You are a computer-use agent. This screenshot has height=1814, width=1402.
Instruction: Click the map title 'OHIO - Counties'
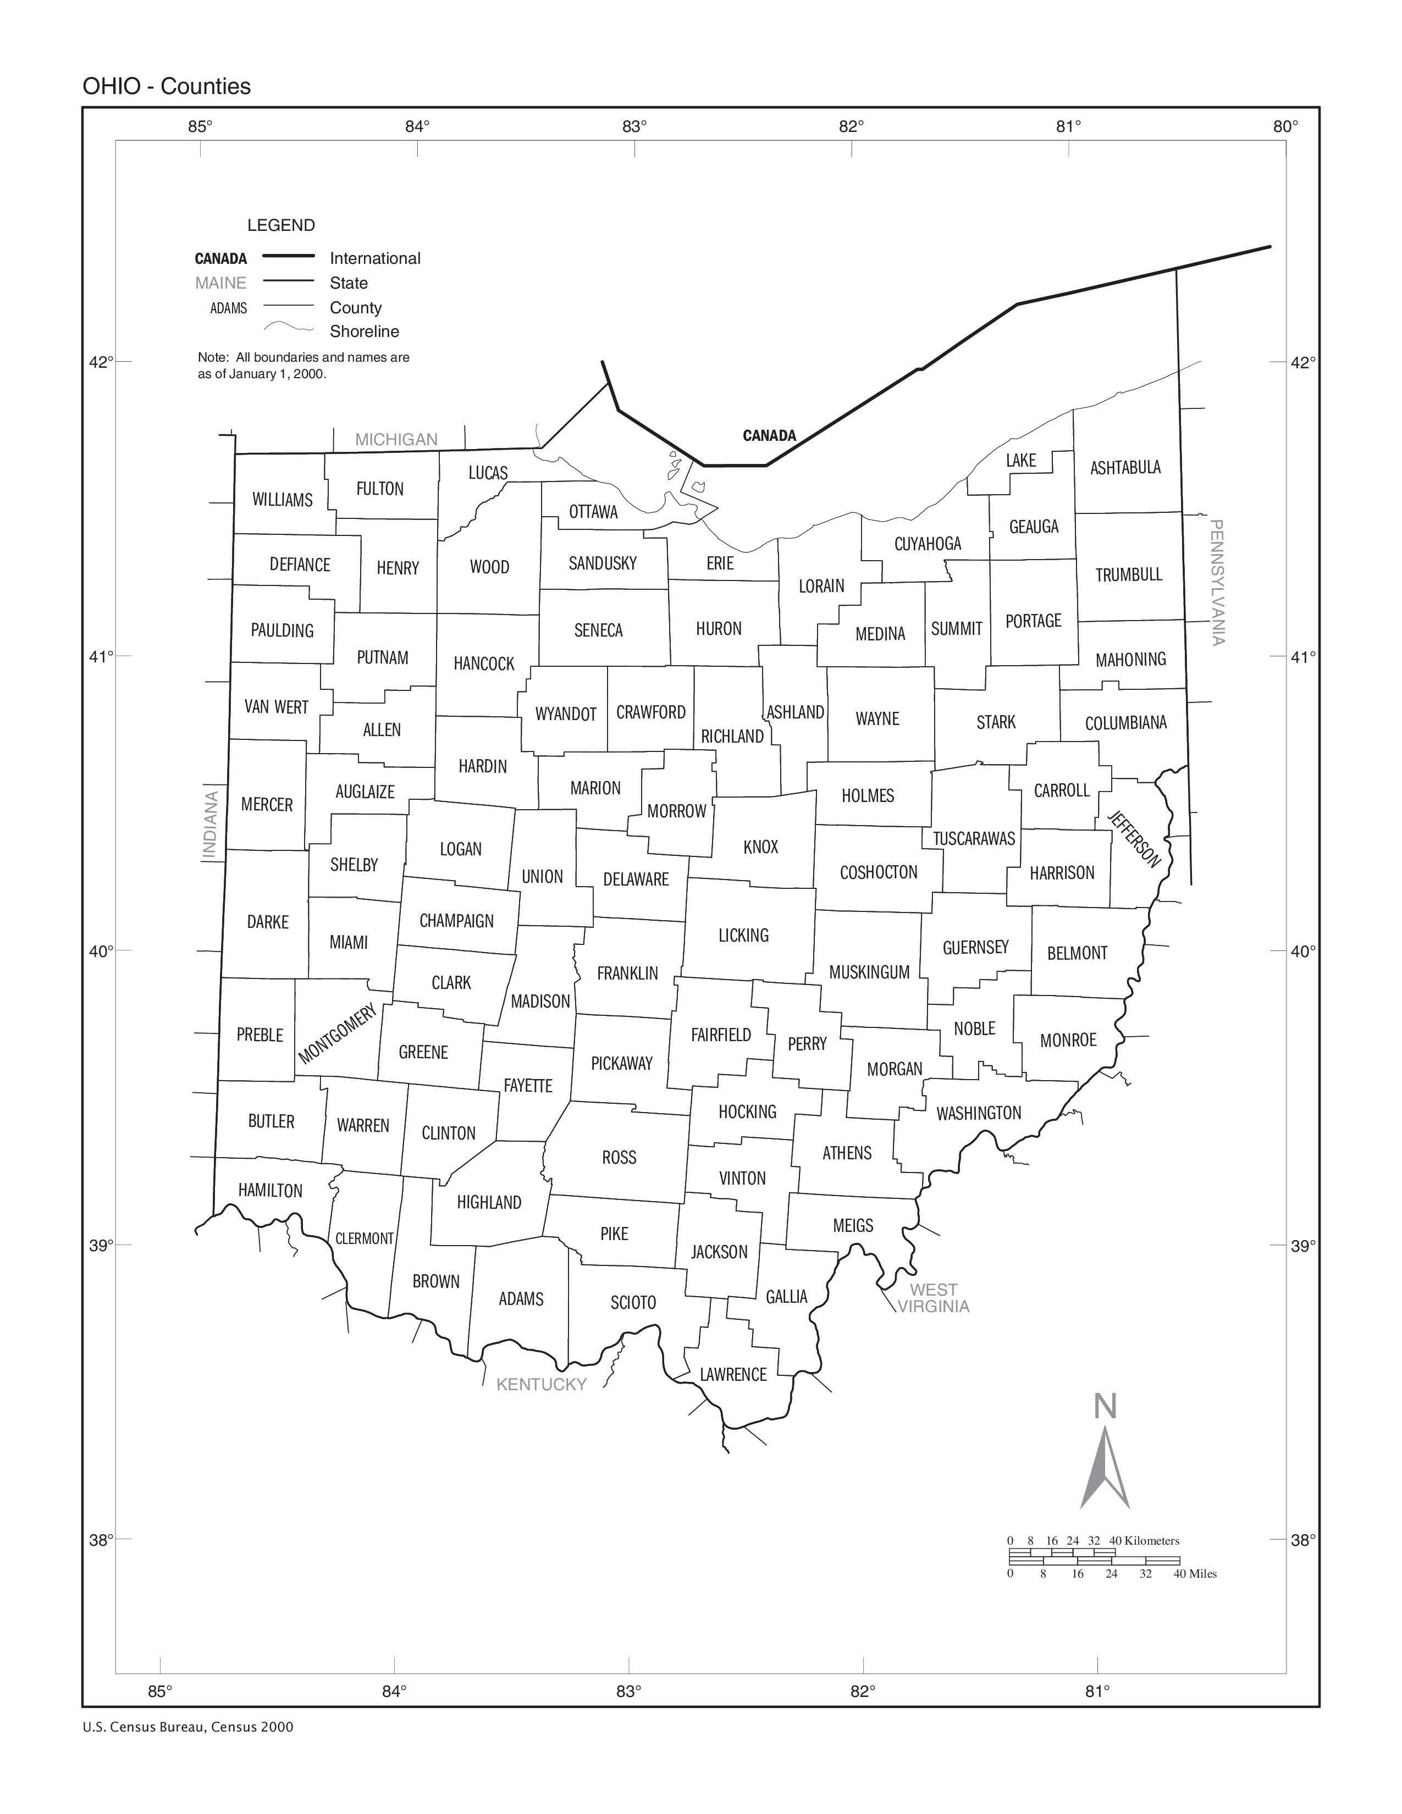pyautogui.click(x=166, y=86)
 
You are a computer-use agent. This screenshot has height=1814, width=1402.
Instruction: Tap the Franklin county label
pyautogui.click(x=627, y=972)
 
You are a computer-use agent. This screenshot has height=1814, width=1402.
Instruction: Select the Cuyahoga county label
pyautogui.click(x=927, y=544)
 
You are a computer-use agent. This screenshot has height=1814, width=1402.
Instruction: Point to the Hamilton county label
pyautogui.click(x=270, y=1190)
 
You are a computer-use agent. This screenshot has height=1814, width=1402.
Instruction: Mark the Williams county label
pyautogui.click(x=283, y=499)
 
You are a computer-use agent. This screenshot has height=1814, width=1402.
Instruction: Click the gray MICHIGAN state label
pyautogui.click(x=396, y=439)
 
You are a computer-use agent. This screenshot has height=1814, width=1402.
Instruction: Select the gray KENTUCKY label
pyautogui.click(x=542, y=1384)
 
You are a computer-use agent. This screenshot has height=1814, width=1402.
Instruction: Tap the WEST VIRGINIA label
pyautogui.click(x=934, y=1297)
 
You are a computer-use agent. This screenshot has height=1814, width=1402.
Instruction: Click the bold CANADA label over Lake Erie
pyautogui.click(x=769, y=435)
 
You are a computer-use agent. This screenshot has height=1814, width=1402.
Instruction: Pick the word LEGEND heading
pyautogui.click(x=281, y=225)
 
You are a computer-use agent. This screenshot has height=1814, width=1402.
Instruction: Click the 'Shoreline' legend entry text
pyautogui.click(x=364, y=331)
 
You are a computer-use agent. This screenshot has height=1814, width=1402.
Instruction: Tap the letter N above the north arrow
pyautogui.click(x=1105, y=1406)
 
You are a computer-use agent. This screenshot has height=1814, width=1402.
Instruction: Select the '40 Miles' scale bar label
pyautogui.click(x=1194, y=1573)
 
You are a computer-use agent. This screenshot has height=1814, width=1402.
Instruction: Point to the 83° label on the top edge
pyautogui.click(x=634, y=126)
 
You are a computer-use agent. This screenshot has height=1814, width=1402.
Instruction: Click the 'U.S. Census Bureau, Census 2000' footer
pyautogui.click(x=187, y=1727)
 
